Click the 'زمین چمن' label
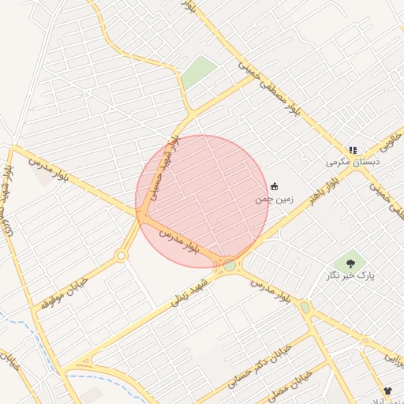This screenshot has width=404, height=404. [273, 200]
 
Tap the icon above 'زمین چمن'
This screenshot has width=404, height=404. [274, 186]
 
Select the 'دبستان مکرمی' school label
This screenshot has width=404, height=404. [353, 162]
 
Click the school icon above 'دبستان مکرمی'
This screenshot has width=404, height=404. [353, 149]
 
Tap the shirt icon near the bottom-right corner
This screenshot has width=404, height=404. [387, 391]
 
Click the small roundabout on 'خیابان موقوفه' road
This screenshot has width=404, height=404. [121, 255]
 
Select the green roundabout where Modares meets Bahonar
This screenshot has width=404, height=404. [230, 266]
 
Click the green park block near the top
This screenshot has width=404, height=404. [200, 72]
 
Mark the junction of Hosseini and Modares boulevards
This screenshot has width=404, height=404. [143, 212]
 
